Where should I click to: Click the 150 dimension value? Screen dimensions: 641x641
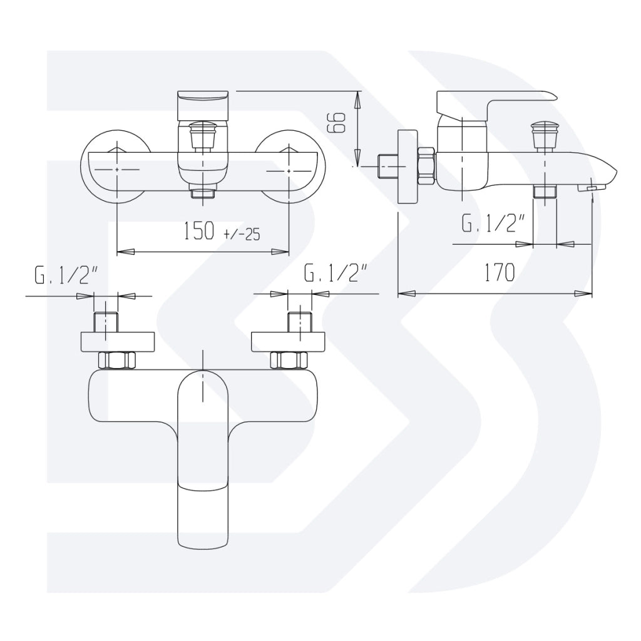(198, 230)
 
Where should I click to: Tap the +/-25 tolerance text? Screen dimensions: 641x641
(242, 234)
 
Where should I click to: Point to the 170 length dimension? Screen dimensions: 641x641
(499, 273)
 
